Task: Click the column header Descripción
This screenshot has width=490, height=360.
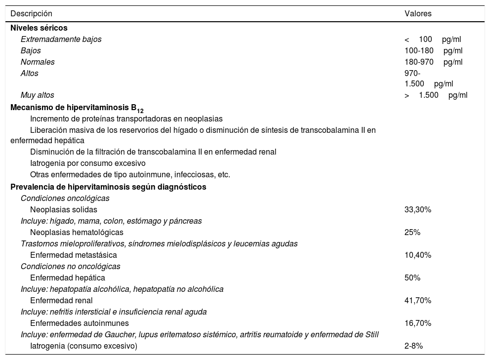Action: click(31, 14)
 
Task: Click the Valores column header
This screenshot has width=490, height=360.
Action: click(418, 14)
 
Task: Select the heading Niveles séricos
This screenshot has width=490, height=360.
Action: click(39, 28)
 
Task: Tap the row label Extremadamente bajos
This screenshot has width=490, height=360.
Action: click(61, 40)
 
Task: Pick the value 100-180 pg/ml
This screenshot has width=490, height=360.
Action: click(433, 51)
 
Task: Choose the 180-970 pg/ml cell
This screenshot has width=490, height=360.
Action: click(433, 62)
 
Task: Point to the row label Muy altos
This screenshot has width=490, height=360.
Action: click(38, 95)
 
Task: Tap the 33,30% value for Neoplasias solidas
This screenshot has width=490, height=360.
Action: click(418, 210)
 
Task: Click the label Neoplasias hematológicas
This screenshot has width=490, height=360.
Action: click(77, 233)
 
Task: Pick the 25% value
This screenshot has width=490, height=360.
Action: click(412, 233)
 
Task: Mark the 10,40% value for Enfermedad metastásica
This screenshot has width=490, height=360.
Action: click(418, 255)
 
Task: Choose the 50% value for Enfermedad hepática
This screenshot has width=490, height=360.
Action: click(412, 278)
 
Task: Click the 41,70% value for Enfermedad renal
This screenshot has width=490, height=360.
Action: click(418, 301)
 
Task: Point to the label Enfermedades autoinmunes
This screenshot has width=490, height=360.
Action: click(80, 323)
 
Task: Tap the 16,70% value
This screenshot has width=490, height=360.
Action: click(418, 323)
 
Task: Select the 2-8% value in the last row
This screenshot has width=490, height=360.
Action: click(413, 346)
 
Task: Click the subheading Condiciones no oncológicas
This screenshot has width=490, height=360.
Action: click(71, 267)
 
